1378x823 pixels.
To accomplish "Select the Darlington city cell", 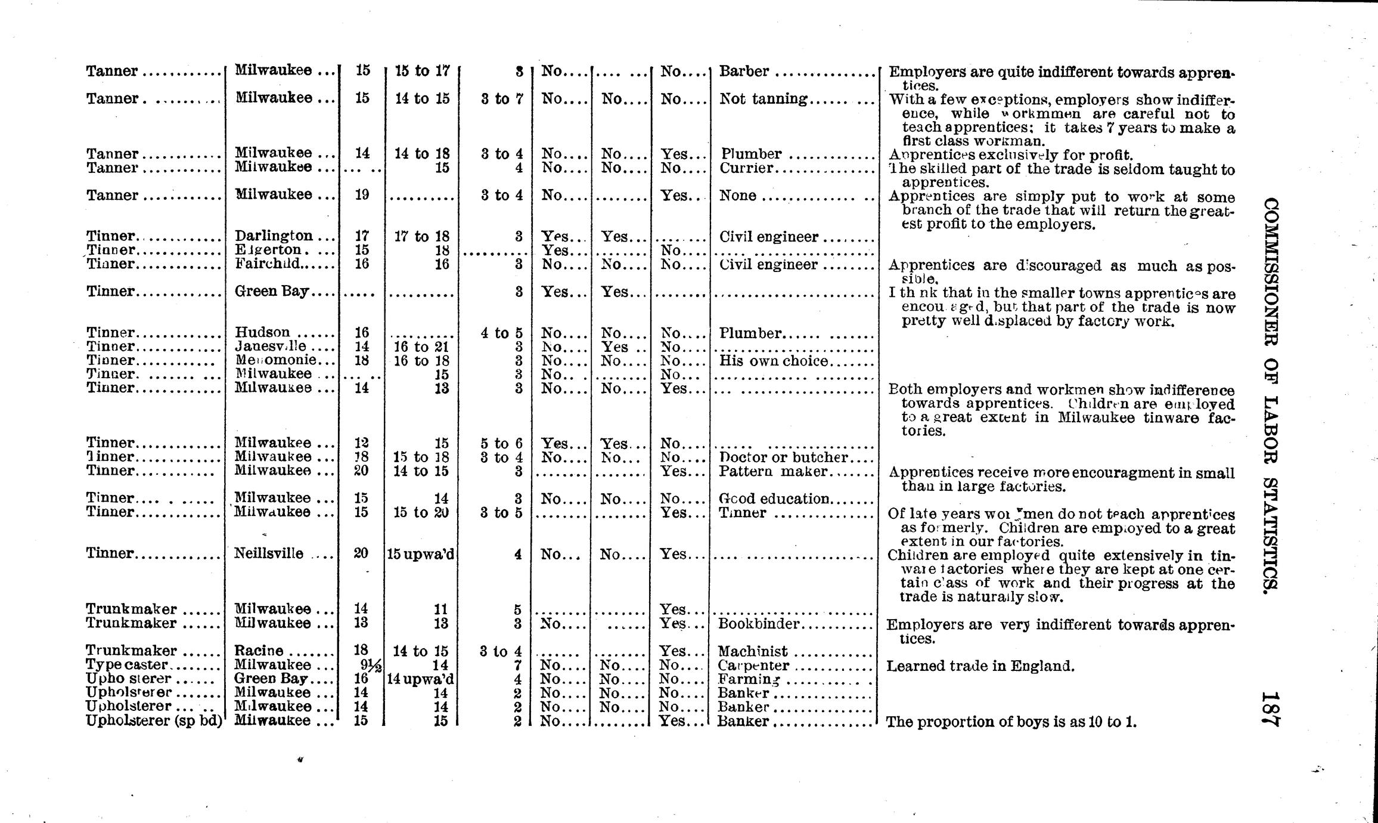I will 274,236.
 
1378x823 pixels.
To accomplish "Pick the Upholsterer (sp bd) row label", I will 154,721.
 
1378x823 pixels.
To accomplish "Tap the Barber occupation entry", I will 744,72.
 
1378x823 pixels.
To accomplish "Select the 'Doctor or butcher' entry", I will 783,457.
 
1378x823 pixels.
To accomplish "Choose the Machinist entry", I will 752,651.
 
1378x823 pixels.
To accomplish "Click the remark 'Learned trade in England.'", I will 980,666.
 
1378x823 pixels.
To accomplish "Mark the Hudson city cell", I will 263,332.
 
